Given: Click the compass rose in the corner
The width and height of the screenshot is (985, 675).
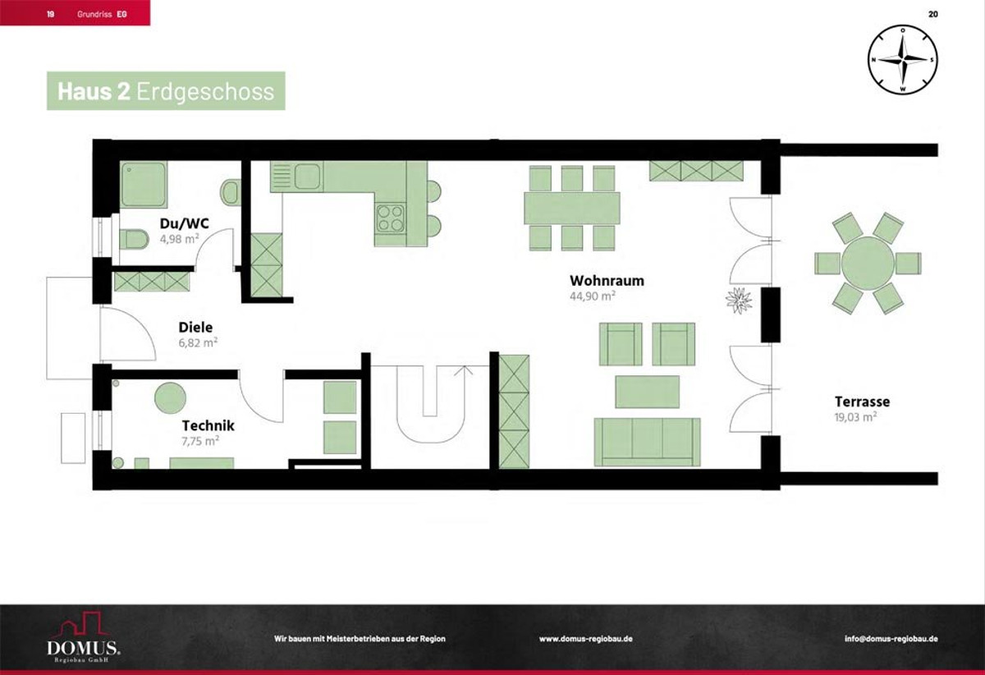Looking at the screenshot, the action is pos(903,59).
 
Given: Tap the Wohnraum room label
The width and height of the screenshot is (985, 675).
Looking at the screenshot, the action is pos(607,280).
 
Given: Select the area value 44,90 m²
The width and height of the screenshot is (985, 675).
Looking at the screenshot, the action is pos(593,296).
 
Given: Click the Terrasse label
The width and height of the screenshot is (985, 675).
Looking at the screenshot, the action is pos(863,402).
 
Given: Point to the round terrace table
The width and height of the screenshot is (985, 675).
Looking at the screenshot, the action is pos(868,263).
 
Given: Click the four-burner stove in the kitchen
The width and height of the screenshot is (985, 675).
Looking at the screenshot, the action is pos(391,218).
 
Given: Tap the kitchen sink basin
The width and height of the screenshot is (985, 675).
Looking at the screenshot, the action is pos(307,176).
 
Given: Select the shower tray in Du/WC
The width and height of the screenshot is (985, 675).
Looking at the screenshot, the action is pos(144,184).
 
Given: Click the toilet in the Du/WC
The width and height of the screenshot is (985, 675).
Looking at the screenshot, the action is pos(134,239).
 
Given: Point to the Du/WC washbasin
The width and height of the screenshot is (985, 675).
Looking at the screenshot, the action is pos(231,192).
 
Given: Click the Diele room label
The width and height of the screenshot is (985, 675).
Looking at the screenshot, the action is pos(195,327).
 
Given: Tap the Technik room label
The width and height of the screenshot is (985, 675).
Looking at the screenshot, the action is pos(208,425).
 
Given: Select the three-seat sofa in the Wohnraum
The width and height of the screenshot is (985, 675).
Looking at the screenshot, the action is pos(647,442).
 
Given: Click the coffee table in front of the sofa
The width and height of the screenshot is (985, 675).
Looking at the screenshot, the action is pos(647,392).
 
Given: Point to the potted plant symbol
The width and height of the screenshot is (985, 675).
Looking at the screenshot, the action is pos(739,301).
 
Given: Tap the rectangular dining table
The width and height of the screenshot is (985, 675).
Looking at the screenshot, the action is pos(572,208).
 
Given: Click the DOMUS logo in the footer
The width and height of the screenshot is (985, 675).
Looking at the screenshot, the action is pos(84,637).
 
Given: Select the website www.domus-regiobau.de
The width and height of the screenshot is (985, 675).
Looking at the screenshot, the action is pos(586,639).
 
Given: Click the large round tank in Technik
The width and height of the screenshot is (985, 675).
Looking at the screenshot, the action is pos(170,397).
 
